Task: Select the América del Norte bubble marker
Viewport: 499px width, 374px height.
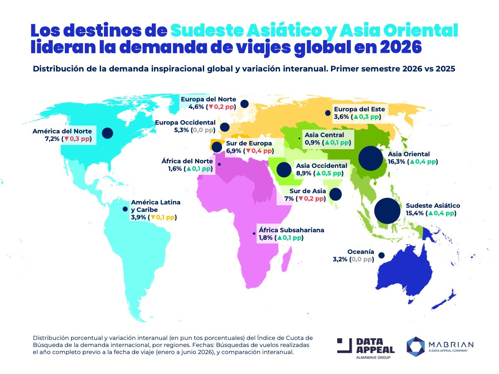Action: click(x=107, y=133)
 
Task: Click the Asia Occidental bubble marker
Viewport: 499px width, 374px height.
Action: click(x=284, y=170)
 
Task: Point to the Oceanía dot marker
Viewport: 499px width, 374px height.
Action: click(x=381, y=255)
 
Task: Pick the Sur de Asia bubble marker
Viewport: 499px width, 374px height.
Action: click(x=335, y=194)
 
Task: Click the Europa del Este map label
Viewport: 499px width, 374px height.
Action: click(x=359, y=109)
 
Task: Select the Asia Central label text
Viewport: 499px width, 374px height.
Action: click(x=324, y=135)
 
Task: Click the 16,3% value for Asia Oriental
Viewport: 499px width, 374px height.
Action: click(x=397, y=162)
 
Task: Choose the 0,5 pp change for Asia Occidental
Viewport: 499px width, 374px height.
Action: click(x=331, y=173)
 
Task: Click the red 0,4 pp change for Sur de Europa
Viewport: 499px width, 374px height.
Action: click(x=261, y=150)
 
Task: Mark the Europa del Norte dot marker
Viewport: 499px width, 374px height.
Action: click(x=244, y=103)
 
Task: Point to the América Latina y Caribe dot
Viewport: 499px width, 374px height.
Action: click(x=125, y=209)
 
